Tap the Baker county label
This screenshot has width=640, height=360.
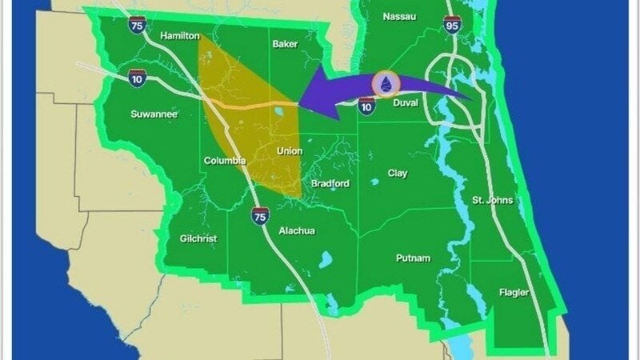pyautogui.click(x=284, y=44)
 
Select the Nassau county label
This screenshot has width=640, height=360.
pyautogui.click(x=399, y=17)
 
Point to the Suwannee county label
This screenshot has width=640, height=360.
pyautogui.click(x=154, y=114)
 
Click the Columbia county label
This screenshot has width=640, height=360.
pyautogui.click(x=225, y=161)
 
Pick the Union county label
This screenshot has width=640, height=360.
pyautogui.click(x=289, y=150)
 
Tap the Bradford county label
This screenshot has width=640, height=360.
pyautogui.click(x=330, y=183)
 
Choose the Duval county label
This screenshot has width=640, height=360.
pyautogui.click(x=405, y=103)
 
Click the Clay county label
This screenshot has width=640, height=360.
pyautogui.click(x=398, y=173)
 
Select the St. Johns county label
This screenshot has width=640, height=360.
pyautogui.click(x=493, y=200)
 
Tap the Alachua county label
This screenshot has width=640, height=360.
pyautogui.click(x=297, y=231)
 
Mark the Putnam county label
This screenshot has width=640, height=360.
pyautogui.click(x=414, y=258)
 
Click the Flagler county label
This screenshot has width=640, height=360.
pyautogui.click(x=513, y=293)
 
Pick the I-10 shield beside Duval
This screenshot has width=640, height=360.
pyautogui.click(x=366, y=104)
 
